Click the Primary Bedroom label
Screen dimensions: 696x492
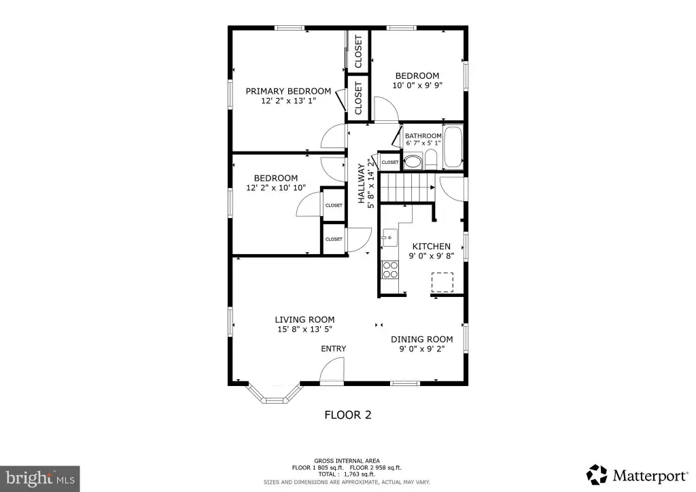click(288, 91)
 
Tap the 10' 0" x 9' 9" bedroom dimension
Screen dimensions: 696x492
click(417, 85)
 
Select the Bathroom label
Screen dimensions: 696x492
click(423, 136)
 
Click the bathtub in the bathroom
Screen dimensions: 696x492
click(453, 147)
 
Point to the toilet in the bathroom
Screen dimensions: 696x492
click(430, 159)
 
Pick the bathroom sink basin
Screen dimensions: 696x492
click(413, 161)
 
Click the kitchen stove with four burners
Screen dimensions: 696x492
click(390, 270)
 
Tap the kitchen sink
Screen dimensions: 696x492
click(389, 238)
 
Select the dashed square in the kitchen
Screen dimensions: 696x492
click(442, 282)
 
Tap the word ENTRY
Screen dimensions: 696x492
click(333, 349)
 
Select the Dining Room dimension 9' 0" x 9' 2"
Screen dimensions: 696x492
click(421, 349)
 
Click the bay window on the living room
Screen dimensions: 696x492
click(275, 393)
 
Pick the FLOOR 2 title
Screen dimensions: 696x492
click(348, 415)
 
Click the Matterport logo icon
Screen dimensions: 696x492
click(597, 475)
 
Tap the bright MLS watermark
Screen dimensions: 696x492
click(40, 478)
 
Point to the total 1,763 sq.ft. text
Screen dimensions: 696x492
click(347, 474)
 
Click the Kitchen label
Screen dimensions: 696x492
click(432, 246)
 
